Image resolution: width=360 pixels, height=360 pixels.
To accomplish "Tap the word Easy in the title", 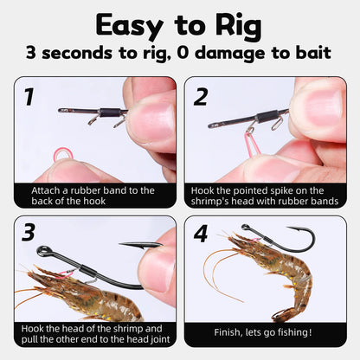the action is coord(129,26).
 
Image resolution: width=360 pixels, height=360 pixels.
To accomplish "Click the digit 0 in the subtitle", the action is coord(183,53).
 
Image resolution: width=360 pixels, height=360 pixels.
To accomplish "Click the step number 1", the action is coord(29,97).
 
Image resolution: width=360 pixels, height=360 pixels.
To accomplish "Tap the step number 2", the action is coord(201,97).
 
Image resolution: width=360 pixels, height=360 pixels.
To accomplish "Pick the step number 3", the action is coord(29,233).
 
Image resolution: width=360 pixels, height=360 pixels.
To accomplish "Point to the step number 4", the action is coord(201,234).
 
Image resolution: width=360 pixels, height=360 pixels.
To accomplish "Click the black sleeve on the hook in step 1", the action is coord(110,112).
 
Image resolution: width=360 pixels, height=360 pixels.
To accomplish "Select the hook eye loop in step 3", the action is coord(43,251).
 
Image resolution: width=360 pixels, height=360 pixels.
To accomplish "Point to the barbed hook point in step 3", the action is coord(141,246).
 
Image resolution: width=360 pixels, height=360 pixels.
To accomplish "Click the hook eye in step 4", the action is coord(246,228).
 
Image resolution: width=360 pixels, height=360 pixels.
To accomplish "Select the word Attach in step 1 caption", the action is coord(45,190).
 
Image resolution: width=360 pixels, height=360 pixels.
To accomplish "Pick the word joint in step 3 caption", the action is coord(160,339).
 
